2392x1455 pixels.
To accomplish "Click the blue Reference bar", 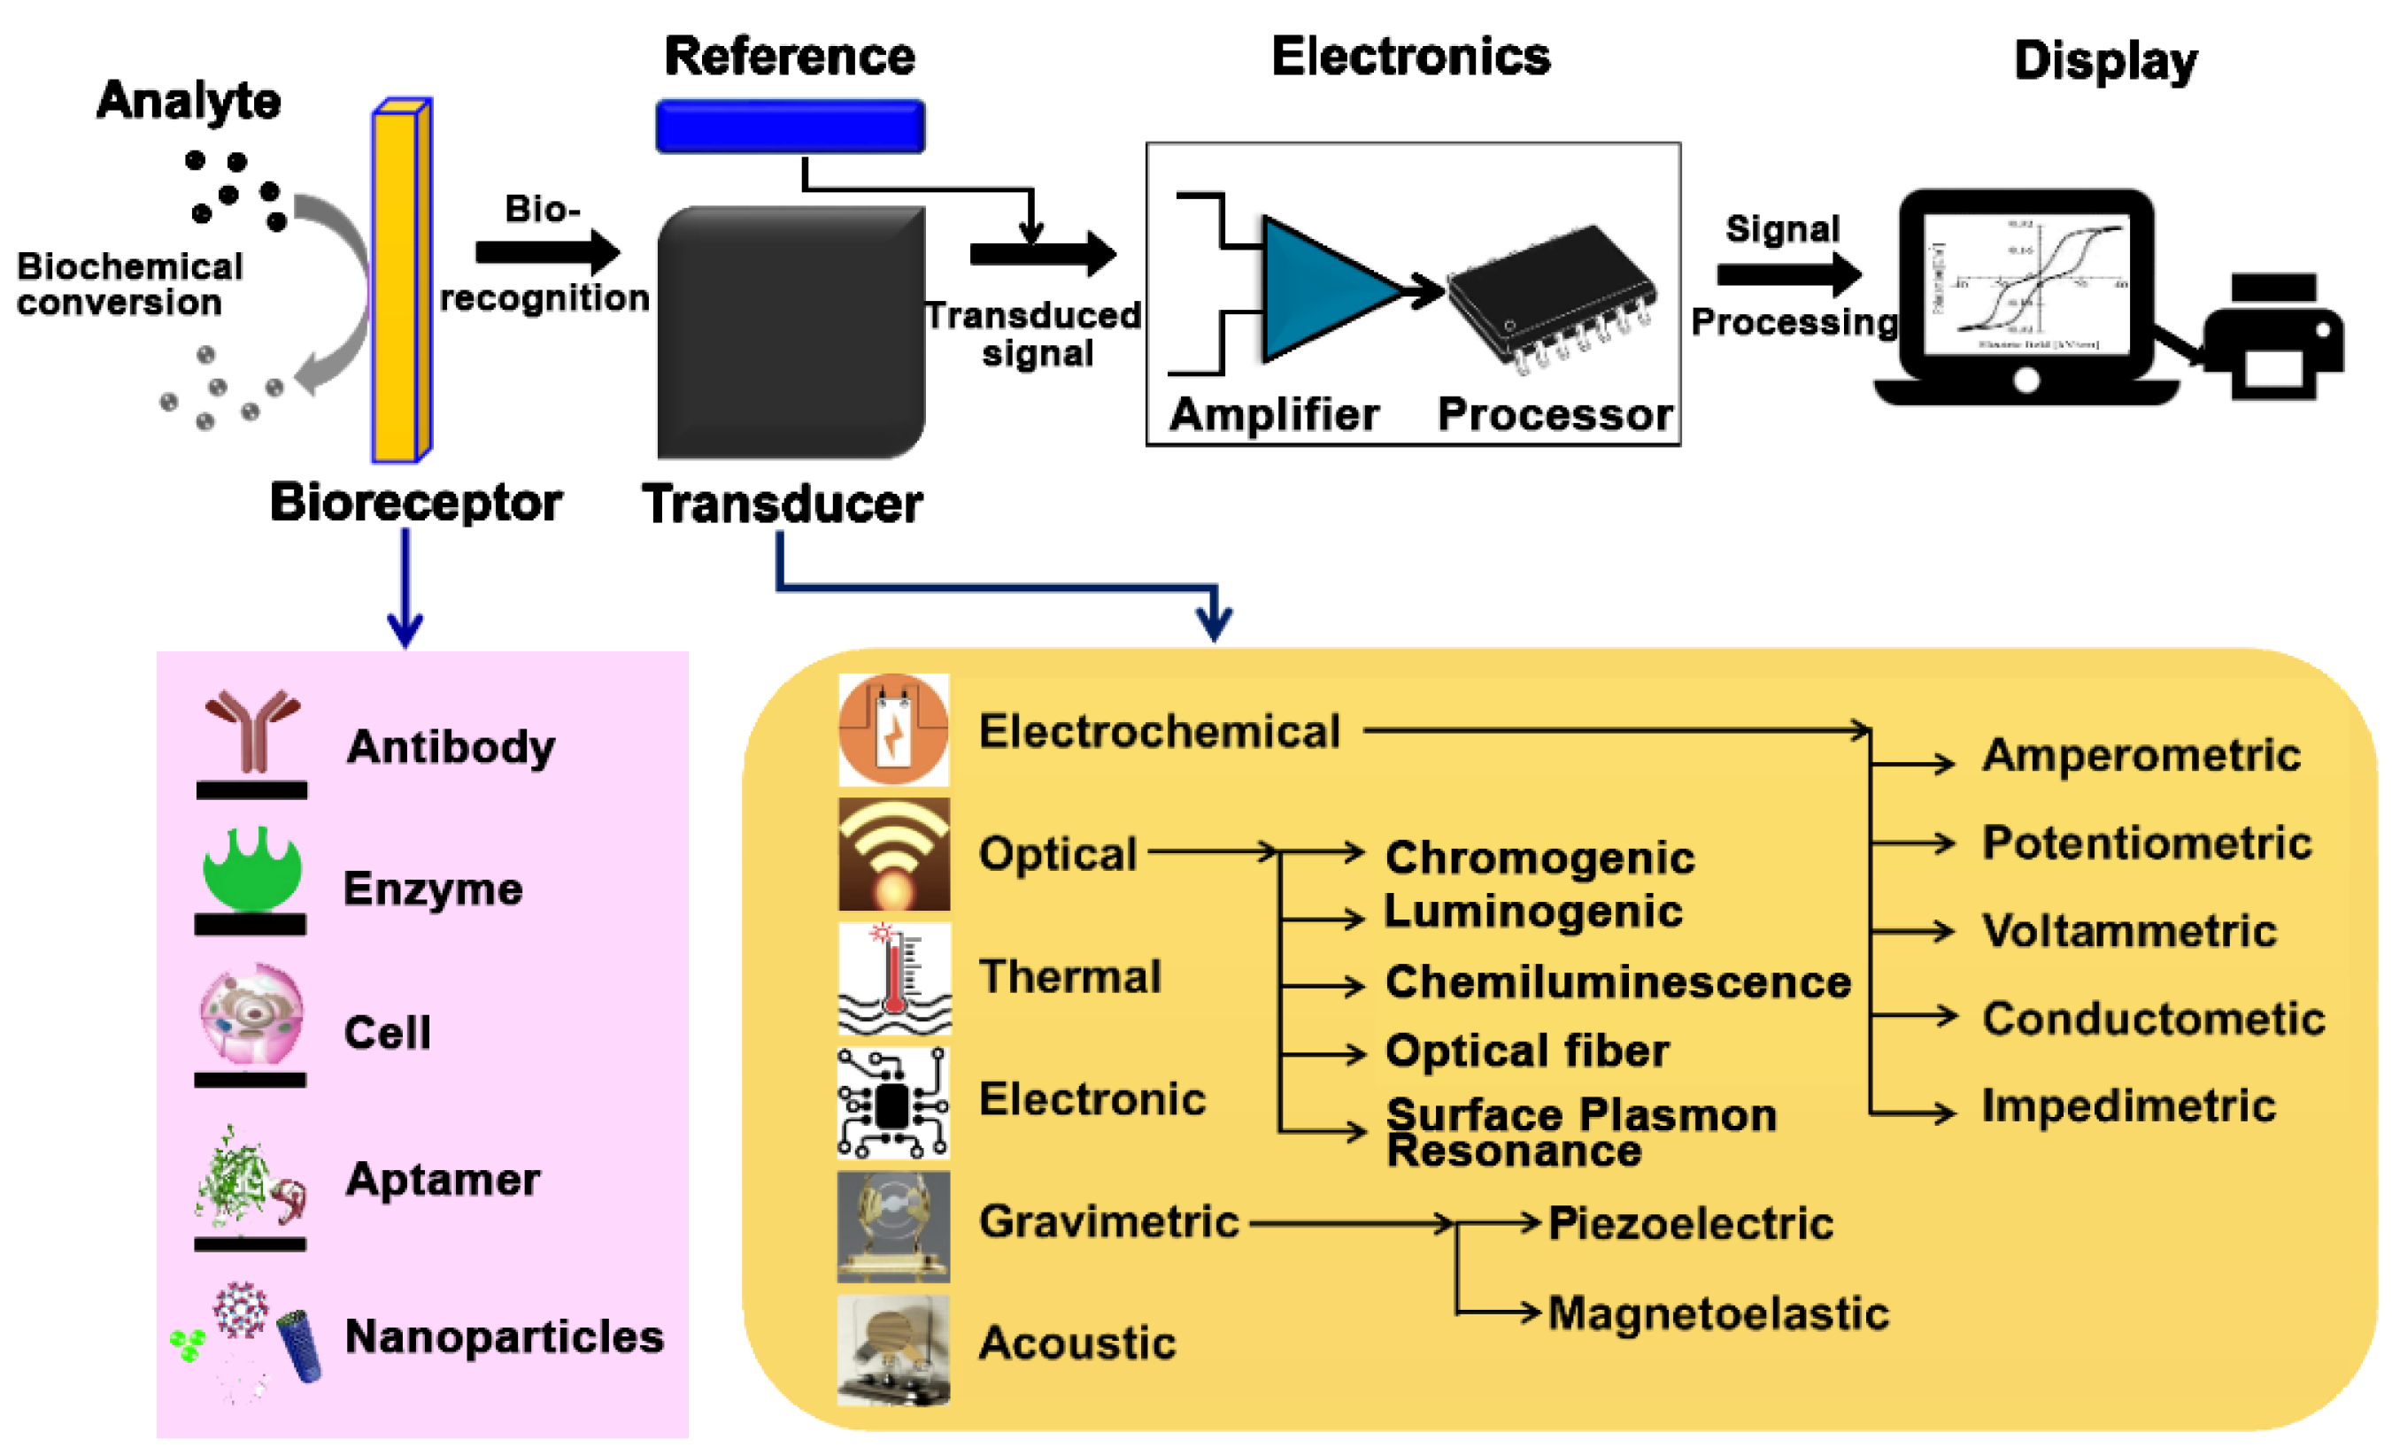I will click(x=790, y=127).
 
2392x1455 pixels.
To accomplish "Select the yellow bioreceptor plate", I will click(x=398, y=281).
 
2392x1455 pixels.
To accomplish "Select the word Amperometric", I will click(x=2141, y=755).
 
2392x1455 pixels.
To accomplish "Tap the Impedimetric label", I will click(x=2128, y=1105).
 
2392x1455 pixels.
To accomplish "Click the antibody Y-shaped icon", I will click(x=251, y=732).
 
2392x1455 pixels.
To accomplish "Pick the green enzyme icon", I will click(x=251, y=869).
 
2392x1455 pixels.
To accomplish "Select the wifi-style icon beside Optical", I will click(x=893, y=854).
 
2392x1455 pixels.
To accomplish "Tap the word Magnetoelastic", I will click(x=1717, y=1313).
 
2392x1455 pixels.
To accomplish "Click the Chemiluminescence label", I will click(x=1617, y=982).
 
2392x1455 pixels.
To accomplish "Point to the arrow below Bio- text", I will click(x=547, y=252).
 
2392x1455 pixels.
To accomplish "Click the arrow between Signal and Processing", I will click(x=1788, y=274).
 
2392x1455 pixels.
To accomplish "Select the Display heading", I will click(x=2104, y=60).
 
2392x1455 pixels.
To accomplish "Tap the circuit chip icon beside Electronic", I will click(x=893, y=1103).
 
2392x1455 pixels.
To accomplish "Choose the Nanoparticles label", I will click(x=504, y=1336).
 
